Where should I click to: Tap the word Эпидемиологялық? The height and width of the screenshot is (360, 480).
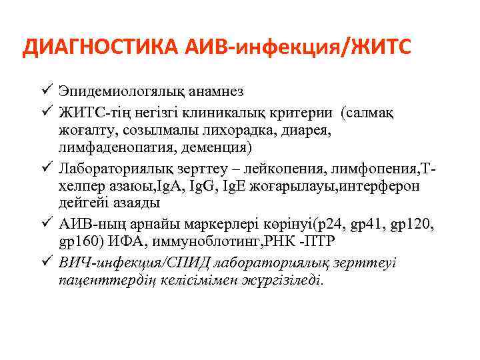click(x=122, y=92)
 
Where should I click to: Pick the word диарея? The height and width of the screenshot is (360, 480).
click(x=307, y=129)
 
